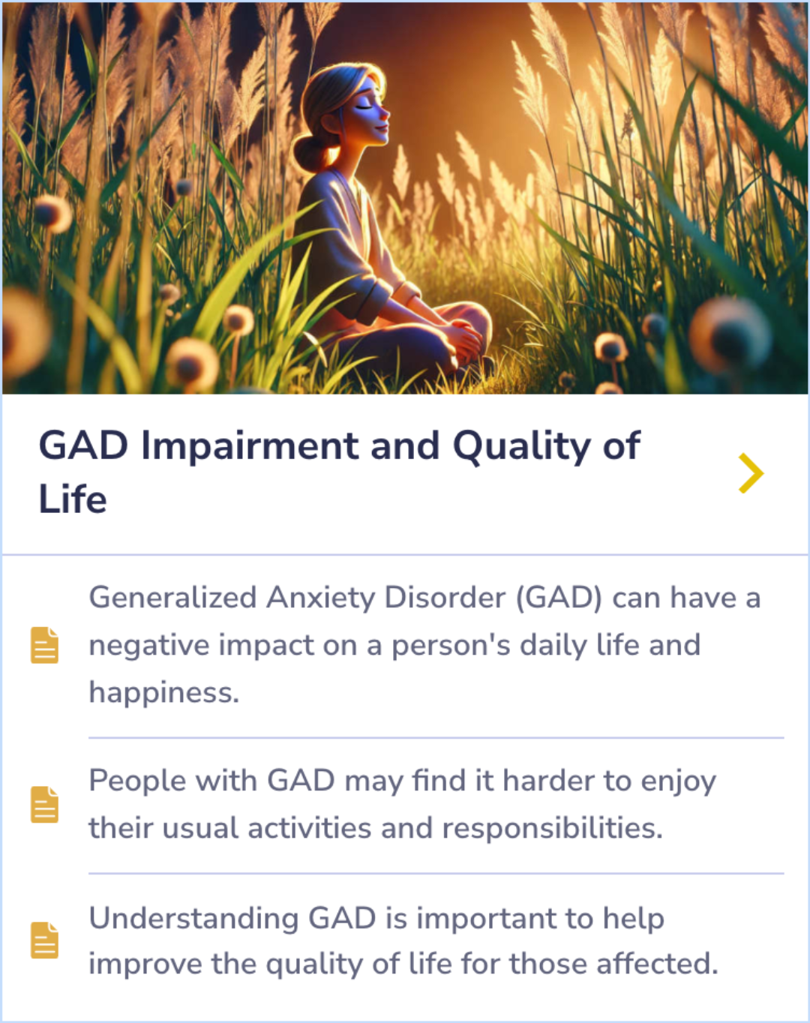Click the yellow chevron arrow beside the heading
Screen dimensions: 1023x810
751,473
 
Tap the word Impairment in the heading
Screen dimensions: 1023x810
251,445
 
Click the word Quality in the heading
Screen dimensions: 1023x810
521,447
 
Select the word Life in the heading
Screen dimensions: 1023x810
73,499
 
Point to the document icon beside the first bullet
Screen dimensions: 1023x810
44,645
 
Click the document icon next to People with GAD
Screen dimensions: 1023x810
44,805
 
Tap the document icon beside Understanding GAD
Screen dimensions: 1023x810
44,940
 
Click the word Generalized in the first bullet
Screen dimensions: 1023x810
172,598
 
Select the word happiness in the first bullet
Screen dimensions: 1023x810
163,692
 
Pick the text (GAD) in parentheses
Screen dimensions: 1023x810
559,598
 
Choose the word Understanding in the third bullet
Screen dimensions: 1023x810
193,919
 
